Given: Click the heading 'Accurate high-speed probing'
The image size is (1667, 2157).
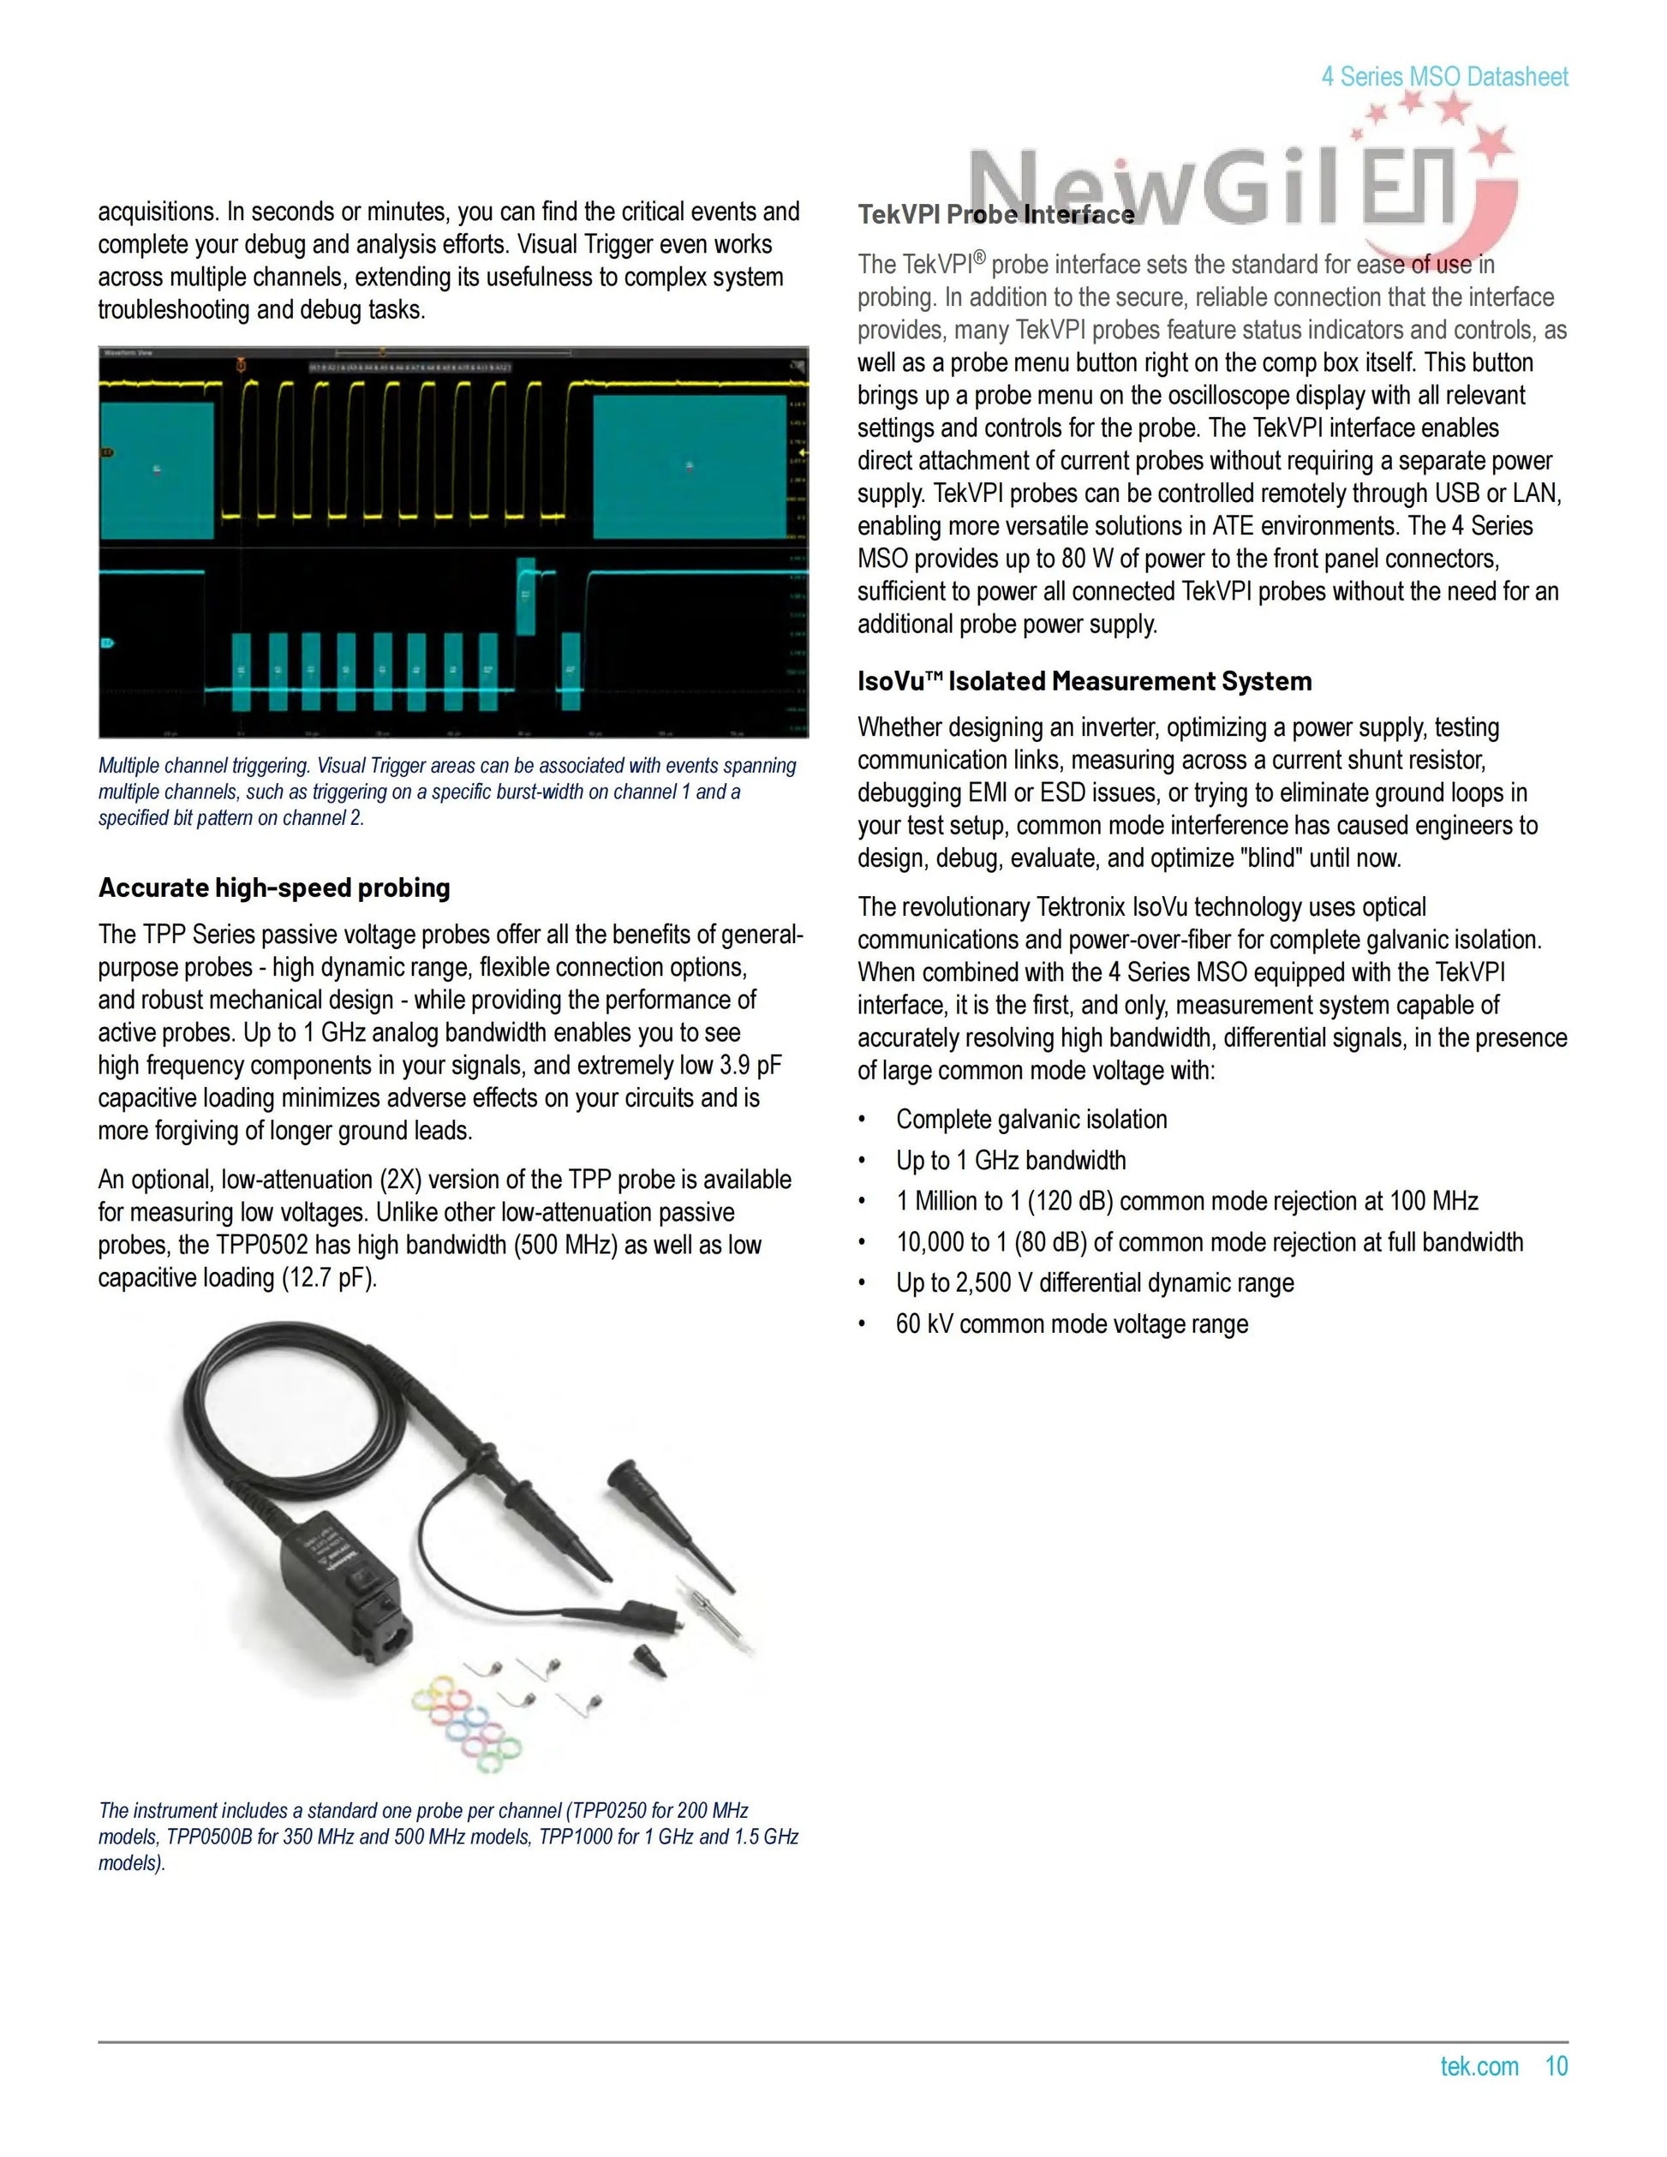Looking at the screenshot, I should [273, 887].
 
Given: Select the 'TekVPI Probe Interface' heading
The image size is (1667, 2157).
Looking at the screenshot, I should [995, 214].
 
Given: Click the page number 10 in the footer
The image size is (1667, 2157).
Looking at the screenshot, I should [1556, 2066].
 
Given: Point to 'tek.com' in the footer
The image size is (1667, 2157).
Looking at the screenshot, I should [1479, 2066].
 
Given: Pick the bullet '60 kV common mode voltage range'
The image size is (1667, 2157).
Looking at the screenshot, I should [1071, 1323].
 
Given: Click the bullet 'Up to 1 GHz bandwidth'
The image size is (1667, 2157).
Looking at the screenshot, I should [1010, 1160].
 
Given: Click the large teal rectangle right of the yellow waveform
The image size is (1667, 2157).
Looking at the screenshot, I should [690, 466].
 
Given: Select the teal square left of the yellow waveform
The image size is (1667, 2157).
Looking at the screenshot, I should [156, 469].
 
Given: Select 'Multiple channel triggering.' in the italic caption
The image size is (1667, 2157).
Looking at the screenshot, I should [203, 766].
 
